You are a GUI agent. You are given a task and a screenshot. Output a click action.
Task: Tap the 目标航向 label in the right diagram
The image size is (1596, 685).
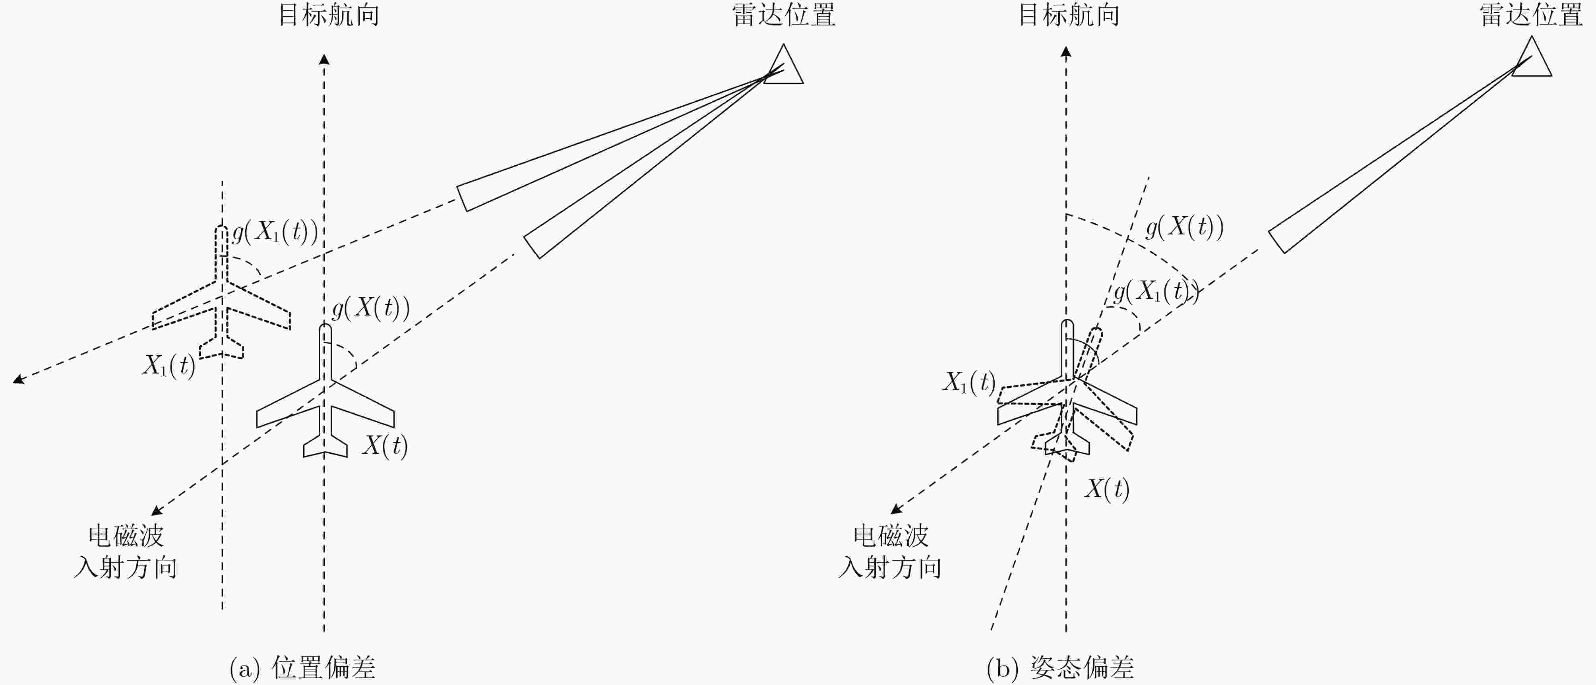click(x=1069, y=15)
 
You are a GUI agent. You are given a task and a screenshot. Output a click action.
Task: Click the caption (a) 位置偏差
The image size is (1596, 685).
click(x=302, y=668)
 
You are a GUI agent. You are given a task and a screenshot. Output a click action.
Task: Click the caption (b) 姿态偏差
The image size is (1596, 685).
click(x=1060, y=668)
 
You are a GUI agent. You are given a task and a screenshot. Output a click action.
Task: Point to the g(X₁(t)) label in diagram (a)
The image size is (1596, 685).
click(x=275, y=232)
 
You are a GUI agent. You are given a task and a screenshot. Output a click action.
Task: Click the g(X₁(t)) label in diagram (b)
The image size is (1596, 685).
click(x=1156, y=291)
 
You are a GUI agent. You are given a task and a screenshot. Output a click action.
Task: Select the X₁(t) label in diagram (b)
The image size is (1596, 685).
click(x=969, y=382)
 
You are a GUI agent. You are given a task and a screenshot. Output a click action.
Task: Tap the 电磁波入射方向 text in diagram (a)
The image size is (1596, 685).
click(x=126, y=551)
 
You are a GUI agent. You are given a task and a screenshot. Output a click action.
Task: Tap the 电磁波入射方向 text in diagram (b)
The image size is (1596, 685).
click(x=890, y=551)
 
